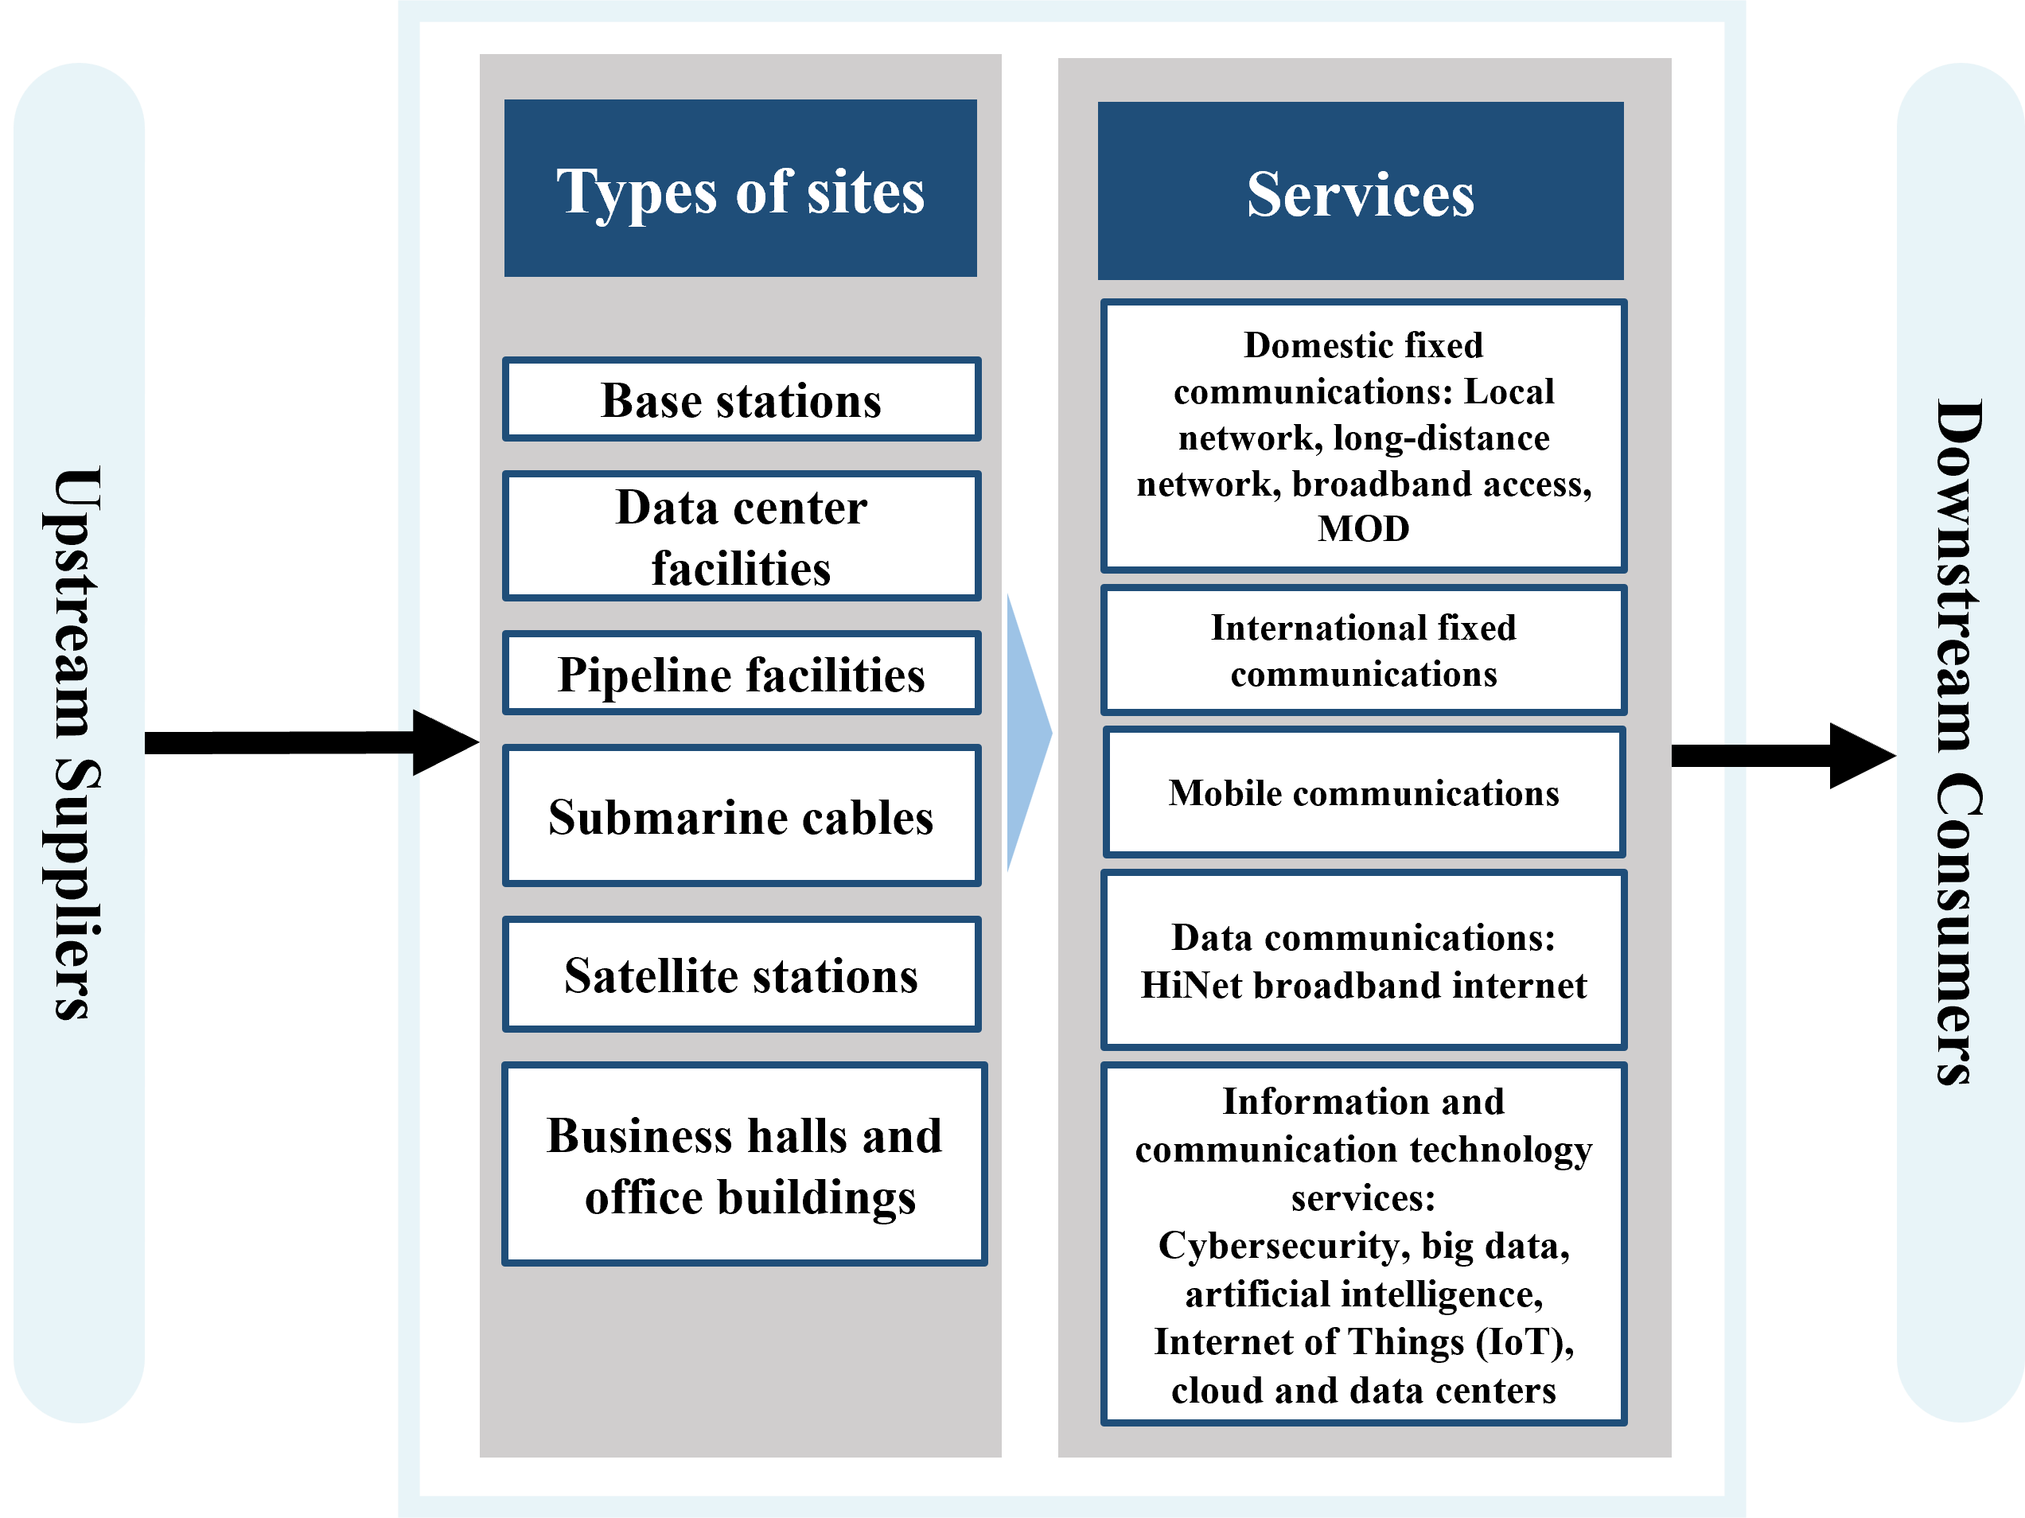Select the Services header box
coord(1361,192)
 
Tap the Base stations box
coord(742,399)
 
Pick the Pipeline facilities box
coord(742,674)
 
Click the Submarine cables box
coord(742,815)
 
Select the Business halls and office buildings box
coord(744,1165)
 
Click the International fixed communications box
coord(1363,650)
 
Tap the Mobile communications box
coord(1363,792)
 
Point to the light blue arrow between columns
coord(1027,733)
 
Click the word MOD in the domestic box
coord(1363,529)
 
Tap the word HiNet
coord(1191,985)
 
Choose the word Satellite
coord(638,975)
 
